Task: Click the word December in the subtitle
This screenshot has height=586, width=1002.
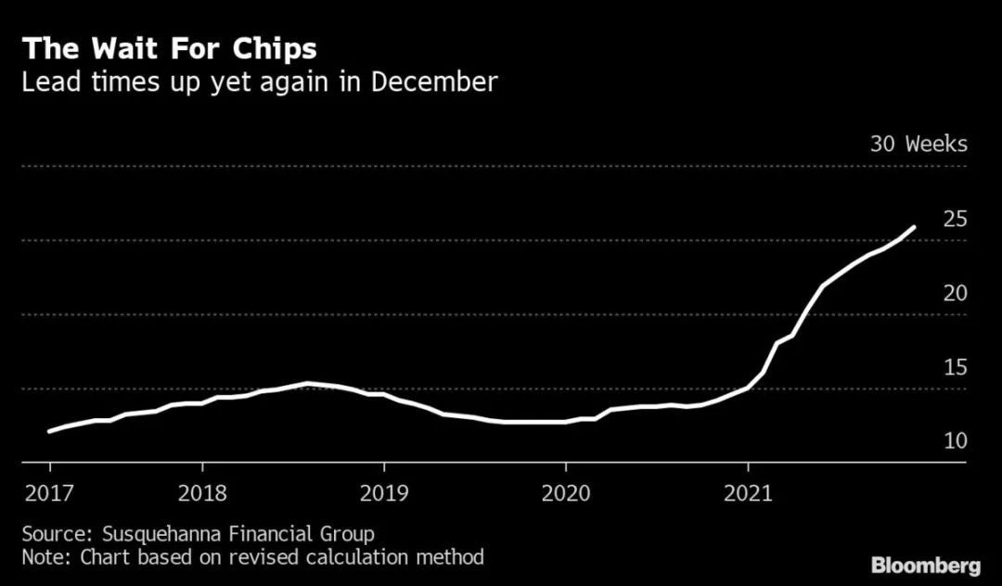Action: coord(435,83)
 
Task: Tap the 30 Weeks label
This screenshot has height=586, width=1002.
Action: coord(918,145)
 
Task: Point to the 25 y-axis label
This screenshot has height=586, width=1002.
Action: coord(956,219)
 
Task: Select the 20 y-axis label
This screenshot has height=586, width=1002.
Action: coord(956,293)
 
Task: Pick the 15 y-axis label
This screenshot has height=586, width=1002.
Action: coord(956,367)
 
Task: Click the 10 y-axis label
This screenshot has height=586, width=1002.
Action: coord(956,440)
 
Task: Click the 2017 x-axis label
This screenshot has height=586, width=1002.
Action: coord(49,492)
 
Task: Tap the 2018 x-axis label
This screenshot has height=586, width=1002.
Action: coord(201,492)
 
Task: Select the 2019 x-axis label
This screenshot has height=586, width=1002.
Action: coord(383,492)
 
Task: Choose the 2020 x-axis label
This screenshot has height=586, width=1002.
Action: coord(565,492)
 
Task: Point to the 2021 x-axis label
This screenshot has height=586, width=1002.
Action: coord(748,492)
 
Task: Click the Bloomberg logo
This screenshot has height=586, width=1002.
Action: coord(925,564)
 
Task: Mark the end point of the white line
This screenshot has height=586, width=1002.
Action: coord(914,227)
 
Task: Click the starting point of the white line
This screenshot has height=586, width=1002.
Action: coord(49,431)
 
